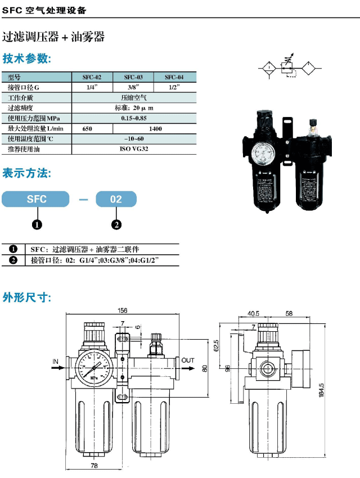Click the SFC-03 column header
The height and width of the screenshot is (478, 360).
pyautogui.click(x=133, y=77)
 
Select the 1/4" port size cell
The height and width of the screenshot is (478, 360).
pyautogui.click(x=92, y=87)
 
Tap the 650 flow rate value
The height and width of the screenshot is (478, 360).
pyautogui.click(x=87, y=129)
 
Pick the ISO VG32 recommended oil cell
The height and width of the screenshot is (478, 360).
pyautogui.click(x=134, y=150)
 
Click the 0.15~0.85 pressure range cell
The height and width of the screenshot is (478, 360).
pyautogui.click(x=134, y=118)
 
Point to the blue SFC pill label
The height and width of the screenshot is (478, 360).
pyautogui.click(x=37, y=199)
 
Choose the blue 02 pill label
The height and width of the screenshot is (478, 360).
pyautogui.click(x=116, y=199)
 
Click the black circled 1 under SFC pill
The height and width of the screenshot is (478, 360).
pyautogui.click(x=37, y=225)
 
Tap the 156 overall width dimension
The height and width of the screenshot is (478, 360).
pyautogui.click(x=122, y=310)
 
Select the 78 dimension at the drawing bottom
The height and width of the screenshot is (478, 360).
pyautogui.click(x=94, y=465)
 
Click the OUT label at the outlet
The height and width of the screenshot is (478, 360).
pyautogui.click(x=188, y=360)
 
